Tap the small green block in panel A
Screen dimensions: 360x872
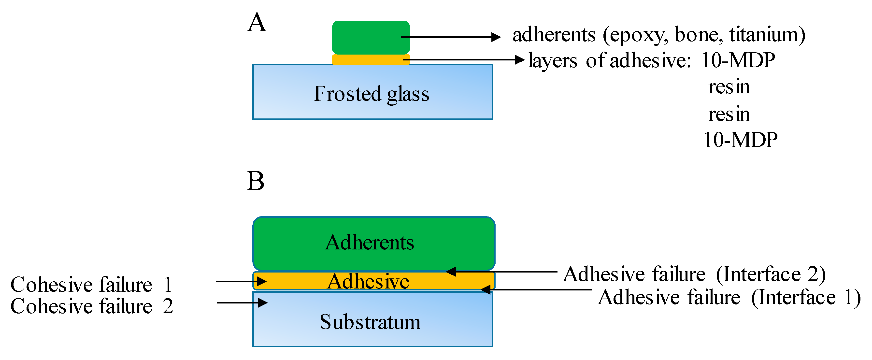pos(371,37)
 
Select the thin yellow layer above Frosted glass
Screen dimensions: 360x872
pos(371,60)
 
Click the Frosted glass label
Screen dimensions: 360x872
pos(371,94)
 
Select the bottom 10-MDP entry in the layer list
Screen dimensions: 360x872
pos(740,140)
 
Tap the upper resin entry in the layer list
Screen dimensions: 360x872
pos(729,87)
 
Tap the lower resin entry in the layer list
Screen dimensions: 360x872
pos(729,114)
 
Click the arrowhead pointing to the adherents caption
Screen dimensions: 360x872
pos(496,37)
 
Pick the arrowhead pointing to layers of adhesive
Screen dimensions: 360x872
pos(520,60)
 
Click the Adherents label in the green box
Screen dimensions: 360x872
pos(370,243)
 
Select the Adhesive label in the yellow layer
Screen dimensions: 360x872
pos(368,281)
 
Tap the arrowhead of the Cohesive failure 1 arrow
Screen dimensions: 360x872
pos(262,281)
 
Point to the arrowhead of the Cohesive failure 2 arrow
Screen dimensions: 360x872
pos(263,302)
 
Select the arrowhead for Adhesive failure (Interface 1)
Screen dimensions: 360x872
pos(486,289)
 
